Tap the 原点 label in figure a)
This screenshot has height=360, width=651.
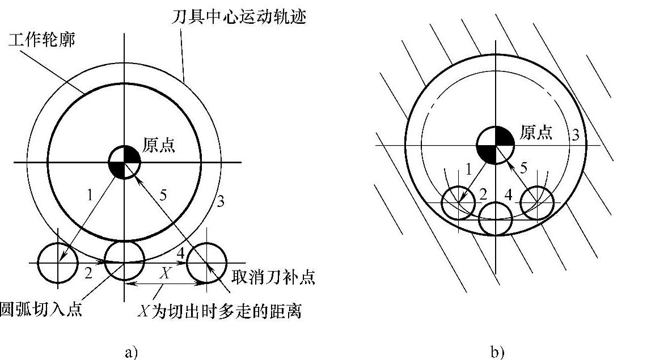[159, 146]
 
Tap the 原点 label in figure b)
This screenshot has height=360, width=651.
[535, 133]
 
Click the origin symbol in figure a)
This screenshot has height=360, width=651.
[124, 162]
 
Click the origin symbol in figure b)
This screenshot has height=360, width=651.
[495, 145]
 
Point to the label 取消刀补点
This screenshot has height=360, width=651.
[273, 278]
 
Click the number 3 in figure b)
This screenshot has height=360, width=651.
[575, 134]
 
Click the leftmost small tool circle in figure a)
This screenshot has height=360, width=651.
[57, 262]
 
